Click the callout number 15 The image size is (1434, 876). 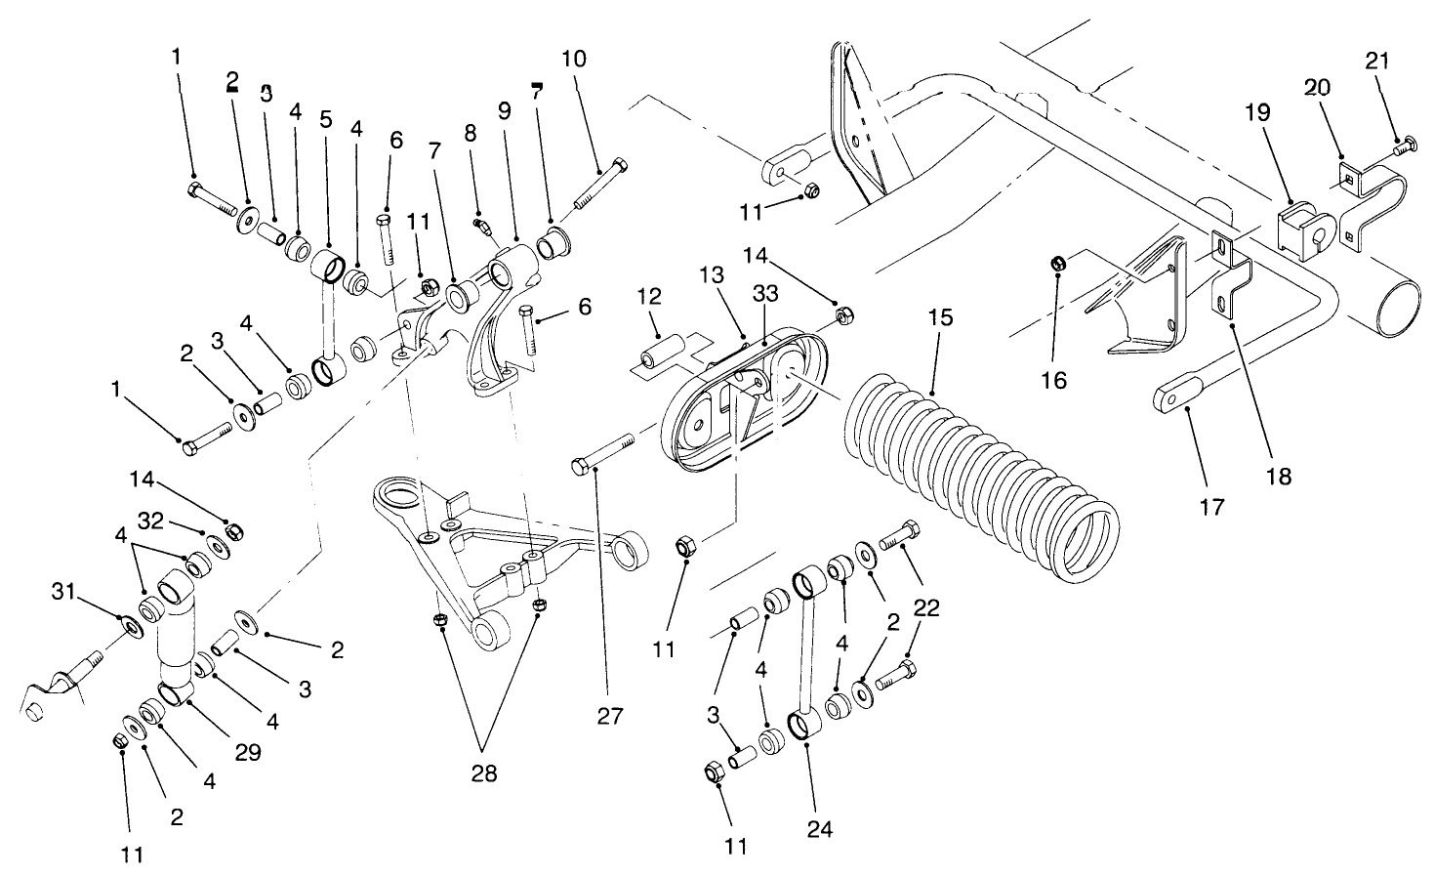coord(939,318)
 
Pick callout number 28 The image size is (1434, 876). coord(484,774)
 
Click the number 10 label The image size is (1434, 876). coord(574,59)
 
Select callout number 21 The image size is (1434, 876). coord(1376,61)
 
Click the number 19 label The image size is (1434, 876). coord(1258,111)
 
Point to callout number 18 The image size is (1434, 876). coord(1278,476)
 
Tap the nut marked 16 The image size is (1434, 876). coord(1056,263)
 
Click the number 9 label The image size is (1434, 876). coord(504,110)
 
